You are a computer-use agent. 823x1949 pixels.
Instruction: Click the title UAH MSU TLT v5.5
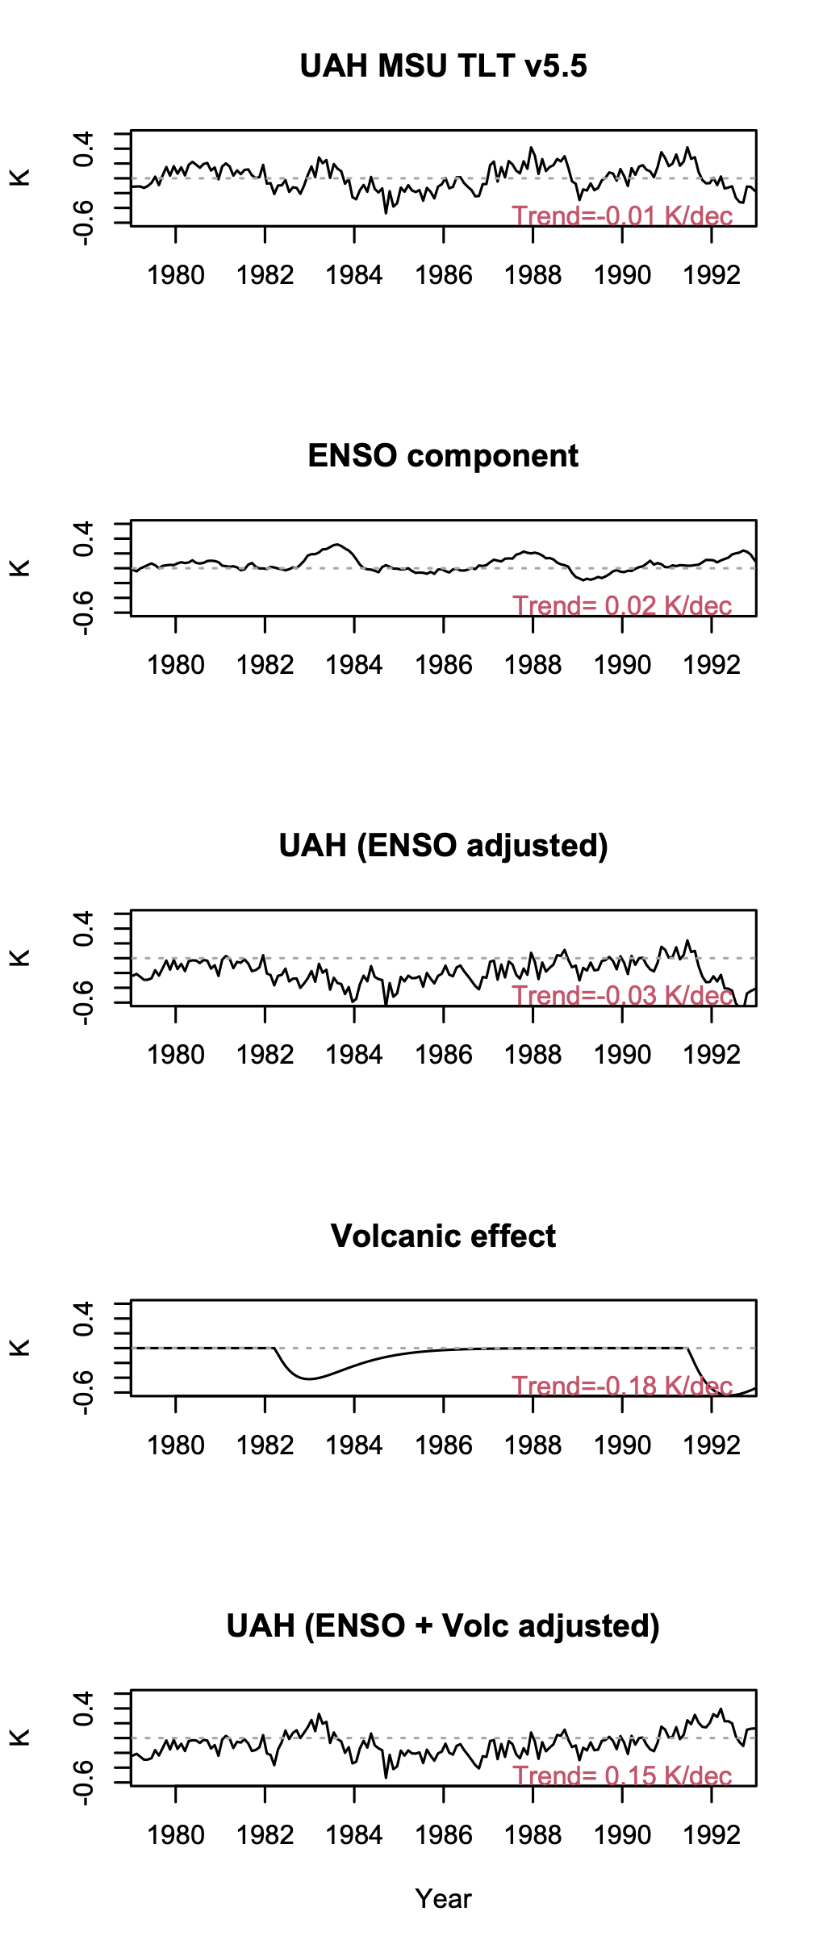pos(443,66)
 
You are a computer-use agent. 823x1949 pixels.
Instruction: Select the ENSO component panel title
pos(443,456)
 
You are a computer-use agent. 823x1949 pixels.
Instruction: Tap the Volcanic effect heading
pos(443,1236)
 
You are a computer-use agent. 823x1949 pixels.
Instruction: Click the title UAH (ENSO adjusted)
pos(443,846)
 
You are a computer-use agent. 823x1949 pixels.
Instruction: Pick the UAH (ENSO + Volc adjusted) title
pos(443,1626)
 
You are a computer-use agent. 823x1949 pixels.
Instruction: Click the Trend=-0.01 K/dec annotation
pos(622,216)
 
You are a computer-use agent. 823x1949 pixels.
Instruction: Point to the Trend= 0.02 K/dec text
pos(622,606)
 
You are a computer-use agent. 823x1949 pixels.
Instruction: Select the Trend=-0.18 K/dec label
pos(622,1386)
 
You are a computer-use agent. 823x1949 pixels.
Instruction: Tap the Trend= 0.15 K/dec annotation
pos(622,1776)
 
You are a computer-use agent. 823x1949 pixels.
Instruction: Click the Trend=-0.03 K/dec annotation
pos(622,996)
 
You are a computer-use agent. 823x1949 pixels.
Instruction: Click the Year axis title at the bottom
pos(443,1899)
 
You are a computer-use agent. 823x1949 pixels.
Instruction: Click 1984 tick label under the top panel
pos(353,276)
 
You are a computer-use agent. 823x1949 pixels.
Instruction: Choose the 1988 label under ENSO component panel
pos(533,666)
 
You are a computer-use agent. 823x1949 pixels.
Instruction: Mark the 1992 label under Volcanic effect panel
pos(711,1445)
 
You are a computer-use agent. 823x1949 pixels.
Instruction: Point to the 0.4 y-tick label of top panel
pos(83,148)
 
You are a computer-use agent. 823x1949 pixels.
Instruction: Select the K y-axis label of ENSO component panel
pos(20,568)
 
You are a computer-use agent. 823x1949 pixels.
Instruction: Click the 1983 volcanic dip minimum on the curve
pos(307,1378)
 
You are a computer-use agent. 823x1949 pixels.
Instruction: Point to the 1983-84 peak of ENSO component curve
pos(337,545)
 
